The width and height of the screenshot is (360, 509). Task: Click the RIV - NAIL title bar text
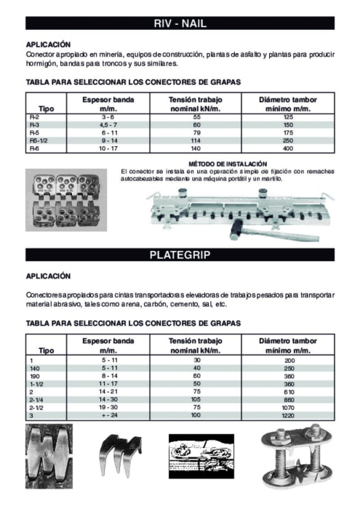180,24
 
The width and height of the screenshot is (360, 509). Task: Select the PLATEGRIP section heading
180,255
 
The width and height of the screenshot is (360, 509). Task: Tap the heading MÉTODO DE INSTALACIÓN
228,164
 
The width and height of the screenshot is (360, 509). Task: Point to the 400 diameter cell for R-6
289,148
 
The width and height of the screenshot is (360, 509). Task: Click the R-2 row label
34,116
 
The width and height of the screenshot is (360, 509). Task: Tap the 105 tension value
196,399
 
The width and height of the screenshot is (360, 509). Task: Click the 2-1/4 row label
36,399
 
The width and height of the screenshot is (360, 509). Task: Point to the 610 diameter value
289,391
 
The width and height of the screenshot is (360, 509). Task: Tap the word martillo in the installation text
269,177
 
